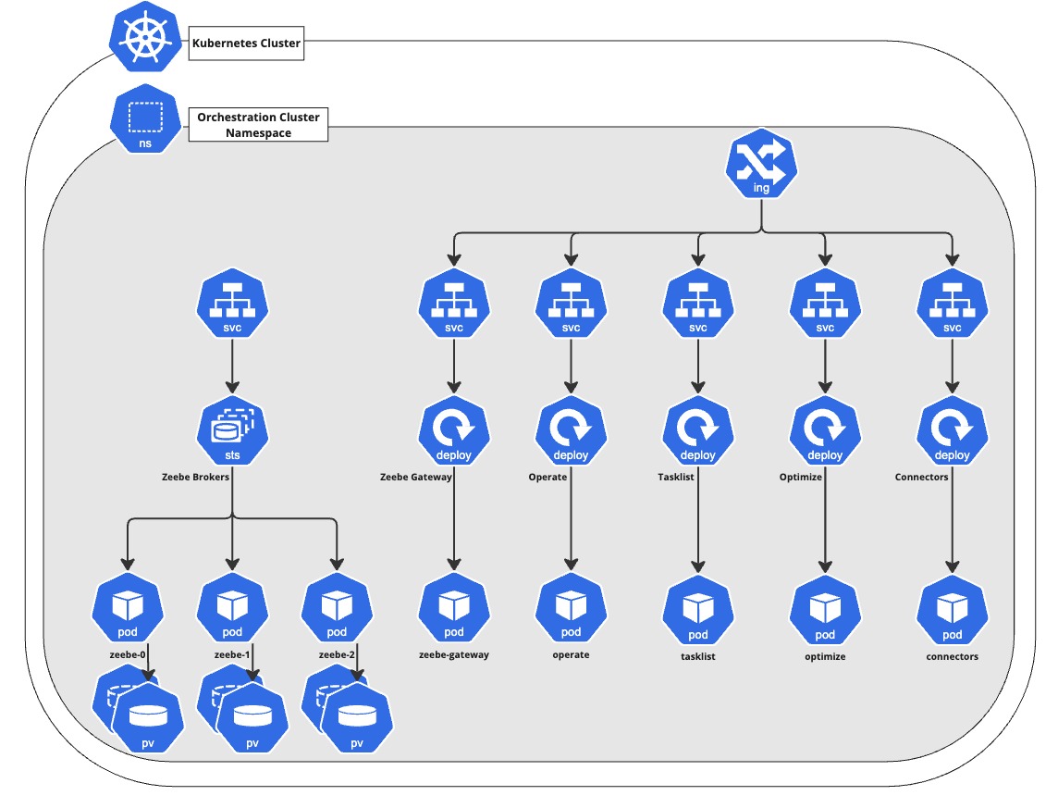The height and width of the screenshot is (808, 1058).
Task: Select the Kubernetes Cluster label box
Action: click(246, 44)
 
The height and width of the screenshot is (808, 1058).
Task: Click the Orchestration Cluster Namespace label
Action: click(258, 126)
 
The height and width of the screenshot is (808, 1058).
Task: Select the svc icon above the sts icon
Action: click(232, 306)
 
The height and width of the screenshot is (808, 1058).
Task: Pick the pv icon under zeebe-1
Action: click(251, 720)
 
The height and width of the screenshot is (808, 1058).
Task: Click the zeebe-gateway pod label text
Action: click(453, 655)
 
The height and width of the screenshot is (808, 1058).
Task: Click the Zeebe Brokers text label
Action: click(195, 478)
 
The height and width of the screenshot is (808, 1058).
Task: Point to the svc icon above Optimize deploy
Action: click(825, 306)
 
